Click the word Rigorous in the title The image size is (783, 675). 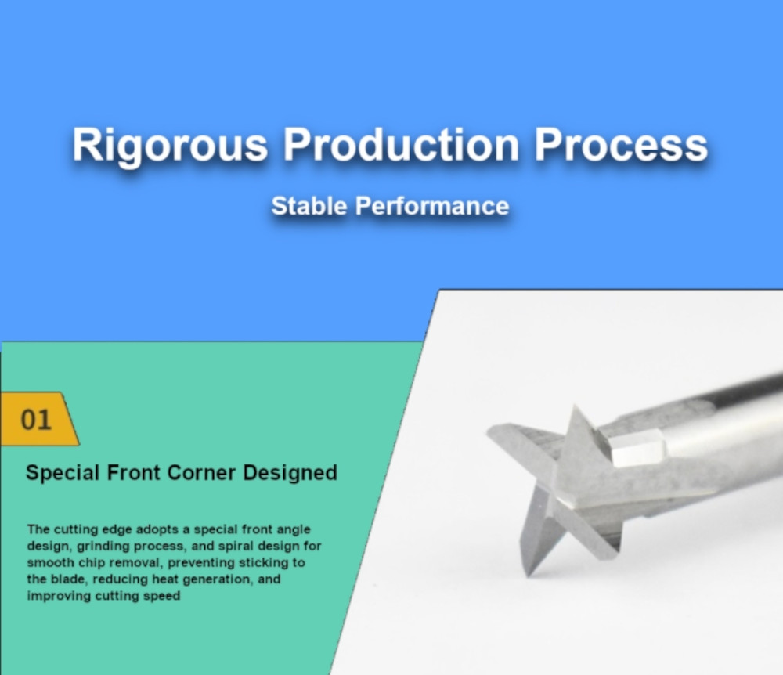(x=170, y=146)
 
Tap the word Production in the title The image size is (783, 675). (x=402, y=145)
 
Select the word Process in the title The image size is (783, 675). (x=621, y=145)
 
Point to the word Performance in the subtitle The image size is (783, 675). (x=432, y=206)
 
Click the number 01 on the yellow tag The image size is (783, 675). (x=36, y=420)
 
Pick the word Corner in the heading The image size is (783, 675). (x=201, y=473)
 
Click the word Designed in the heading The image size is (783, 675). (x=290, y=473)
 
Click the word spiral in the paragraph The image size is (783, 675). (x=236, y=547)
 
